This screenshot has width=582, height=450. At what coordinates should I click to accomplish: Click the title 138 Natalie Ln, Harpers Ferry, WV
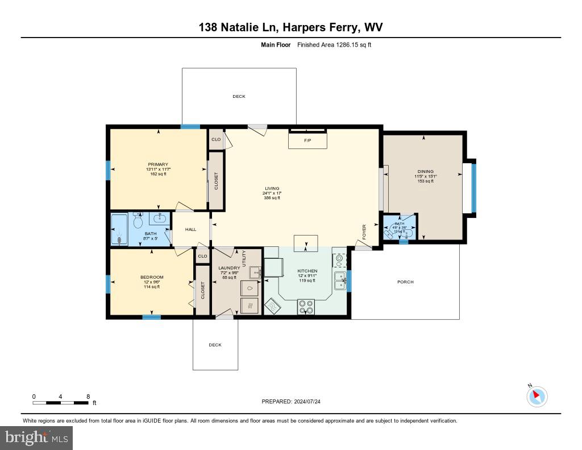(x=291, y=27)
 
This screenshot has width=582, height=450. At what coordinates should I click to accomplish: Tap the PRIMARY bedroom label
(x=158, y=164)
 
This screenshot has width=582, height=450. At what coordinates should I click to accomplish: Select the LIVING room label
(x=272, y=188)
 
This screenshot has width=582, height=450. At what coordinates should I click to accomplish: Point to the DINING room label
(x=425, y=171)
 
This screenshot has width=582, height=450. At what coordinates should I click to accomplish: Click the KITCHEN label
(x=307, y=271)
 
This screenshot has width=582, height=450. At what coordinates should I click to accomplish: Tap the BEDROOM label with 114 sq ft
(x=152, y=278)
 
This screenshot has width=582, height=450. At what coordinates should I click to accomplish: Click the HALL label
(x=190, y=229)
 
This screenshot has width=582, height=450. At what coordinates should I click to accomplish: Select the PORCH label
(x=405, y=282)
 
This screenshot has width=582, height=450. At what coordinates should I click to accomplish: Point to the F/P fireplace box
(x=307, y=140)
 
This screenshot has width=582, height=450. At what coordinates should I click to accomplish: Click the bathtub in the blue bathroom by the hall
(x=119, y=230)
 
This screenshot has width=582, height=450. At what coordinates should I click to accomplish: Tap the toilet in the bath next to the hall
(x=138, y=221)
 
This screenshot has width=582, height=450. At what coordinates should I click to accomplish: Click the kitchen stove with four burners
(x=306, y=307)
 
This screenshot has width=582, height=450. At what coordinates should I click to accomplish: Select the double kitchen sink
(x=340, y=280)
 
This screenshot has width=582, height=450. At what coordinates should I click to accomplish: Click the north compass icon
(x=537, y=396)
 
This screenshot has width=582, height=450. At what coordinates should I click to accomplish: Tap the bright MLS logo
(x=36, y=437)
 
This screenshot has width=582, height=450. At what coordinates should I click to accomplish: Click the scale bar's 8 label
(x=88, y=396)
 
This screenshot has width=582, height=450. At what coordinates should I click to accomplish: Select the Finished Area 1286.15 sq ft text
(x=334, y=44)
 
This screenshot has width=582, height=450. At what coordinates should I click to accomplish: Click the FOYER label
(x=364, y=232)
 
